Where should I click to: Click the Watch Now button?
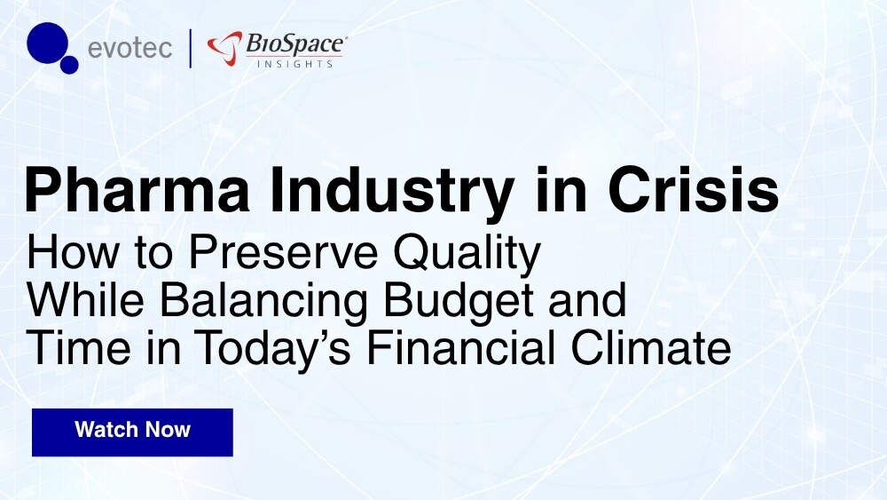point(132,432)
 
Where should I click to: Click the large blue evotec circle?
point(48,43)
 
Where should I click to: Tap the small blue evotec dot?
point(69,65)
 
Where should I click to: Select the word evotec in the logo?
point(130,48)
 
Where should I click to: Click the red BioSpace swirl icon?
point(224,48)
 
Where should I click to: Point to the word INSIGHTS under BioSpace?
point(294,63)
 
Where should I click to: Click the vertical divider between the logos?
point(190,48)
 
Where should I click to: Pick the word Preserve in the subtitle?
point(283,252)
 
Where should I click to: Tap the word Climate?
point(651,347)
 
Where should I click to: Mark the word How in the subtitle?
point(73,252)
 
